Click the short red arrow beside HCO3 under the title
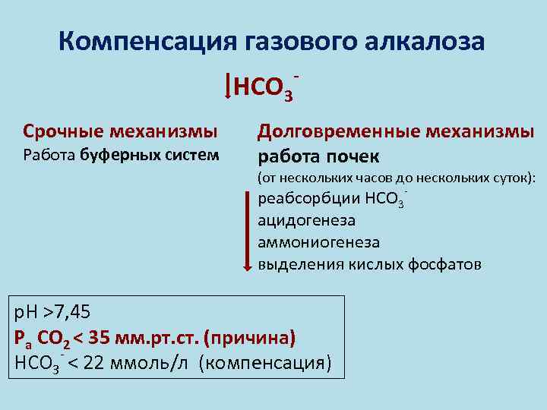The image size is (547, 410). click(x=229, y=86)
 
